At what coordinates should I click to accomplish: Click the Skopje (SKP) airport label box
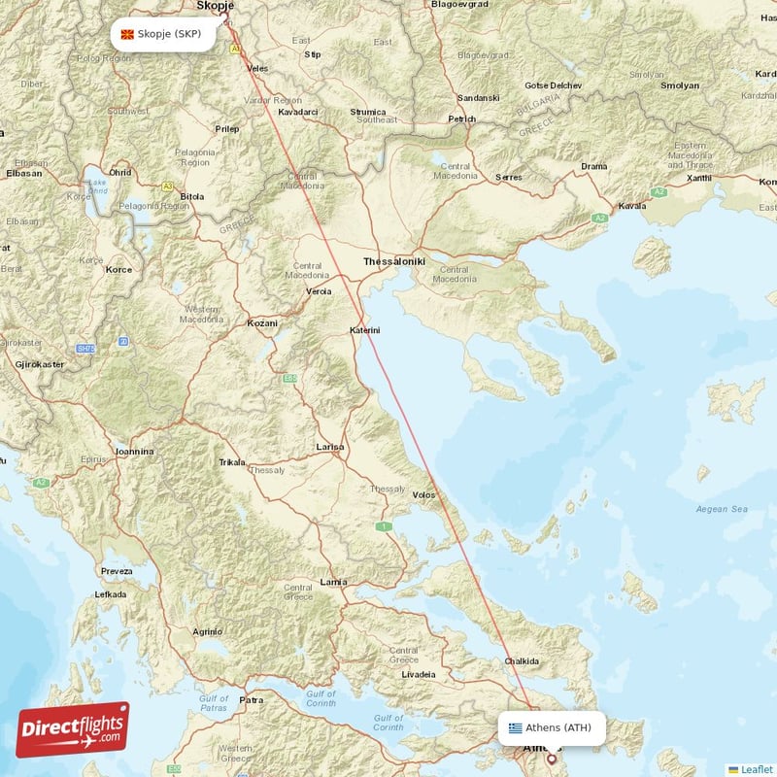point(162,35)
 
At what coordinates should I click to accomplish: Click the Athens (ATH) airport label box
point(554,727)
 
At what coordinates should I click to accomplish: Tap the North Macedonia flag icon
point(127,35)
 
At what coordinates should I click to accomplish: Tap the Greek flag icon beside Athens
point(515,727)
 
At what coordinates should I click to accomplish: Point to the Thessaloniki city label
point(394,262)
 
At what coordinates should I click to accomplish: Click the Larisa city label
point(330,447)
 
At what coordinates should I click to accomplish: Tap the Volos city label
point(423,495)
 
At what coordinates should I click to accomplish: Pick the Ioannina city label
point(133,452)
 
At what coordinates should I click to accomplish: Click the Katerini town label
point(364,331)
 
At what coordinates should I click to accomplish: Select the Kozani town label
point(261,322)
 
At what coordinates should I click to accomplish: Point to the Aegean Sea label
point(722,509)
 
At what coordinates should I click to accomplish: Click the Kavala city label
point(631,206)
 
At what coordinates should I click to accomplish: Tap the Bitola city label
point(192,196)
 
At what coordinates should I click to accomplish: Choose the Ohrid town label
point(119,173)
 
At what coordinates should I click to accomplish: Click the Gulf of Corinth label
point(388,723)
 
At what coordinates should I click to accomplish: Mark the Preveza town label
point(117,571)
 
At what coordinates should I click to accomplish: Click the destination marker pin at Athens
point(552,759)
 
